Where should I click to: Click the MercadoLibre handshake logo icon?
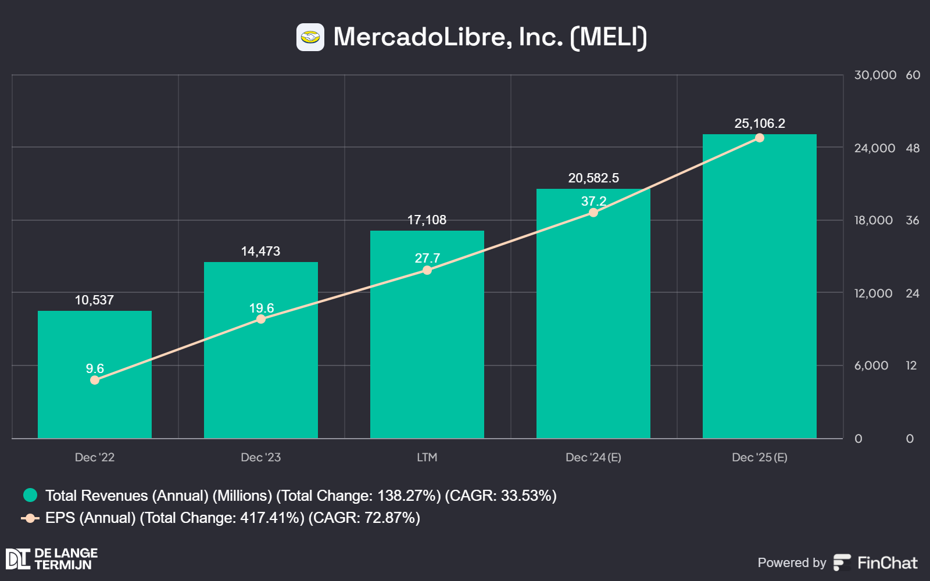click(x=310, y=37)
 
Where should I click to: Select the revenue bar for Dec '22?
click(x=95, y=375)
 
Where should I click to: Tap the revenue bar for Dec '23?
click(x=261, y=350)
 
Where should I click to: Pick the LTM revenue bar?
click(x=427, y=335)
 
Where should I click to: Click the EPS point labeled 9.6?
click(x=95, y=380)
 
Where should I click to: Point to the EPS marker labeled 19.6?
click(x=261, y=319)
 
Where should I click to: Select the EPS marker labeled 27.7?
click(x=427, y=271)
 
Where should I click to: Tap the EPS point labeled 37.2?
click(x=593, y=213)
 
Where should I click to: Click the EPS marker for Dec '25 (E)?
click(x=760, y=138)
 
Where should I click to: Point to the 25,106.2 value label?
click(x=760, y=123)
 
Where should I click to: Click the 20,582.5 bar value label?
click(x=593, y=178)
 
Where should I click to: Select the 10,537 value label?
click(x=94, y=300)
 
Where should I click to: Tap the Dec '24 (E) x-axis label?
click(x=593, y=457)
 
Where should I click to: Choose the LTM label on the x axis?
click(x=427, y=457)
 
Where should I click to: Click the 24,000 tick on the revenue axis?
click(x=875, y=148)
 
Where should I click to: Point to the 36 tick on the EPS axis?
click(x=913, y=220)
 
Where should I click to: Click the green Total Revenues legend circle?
click(x=30, y=495)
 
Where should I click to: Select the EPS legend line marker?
click(x=30, y=518)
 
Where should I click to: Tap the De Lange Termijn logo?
click(x=52, y=558)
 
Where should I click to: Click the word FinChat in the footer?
click(x=888, y=563)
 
